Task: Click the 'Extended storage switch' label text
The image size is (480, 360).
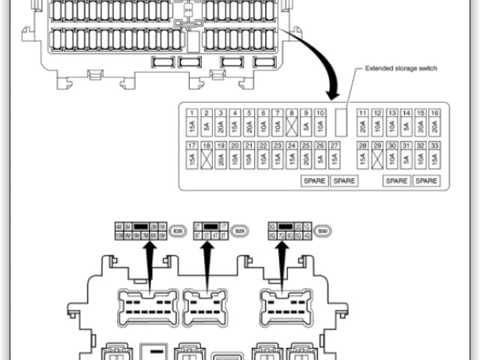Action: tap(400, 68)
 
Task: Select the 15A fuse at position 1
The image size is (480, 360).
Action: tap(192, 122)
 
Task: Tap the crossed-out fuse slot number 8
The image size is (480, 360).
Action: tap(292, 122)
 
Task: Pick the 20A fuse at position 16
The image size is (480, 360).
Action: tap(434, 122)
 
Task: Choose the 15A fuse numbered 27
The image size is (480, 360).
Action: tap(334, 158)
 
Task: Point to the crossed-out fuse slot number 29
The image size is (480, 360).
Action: tap(377, 158)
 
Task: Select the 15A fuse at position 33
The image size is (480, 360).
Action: tap(434, 158)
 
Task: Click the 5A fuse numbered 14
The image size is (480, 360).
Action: tap(406, 122)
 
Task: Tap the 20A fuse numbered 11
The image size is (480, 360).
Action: tap(363, 122)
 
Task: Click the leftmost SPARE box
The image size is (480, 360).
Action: tap(314, 181)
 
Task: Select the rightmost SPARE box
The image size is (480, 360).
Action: tap(426, 181)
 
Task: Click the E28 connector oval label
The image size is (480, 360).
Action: tap(178, 231)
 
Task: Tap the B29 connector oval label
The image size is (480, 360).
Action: tap(240, 231)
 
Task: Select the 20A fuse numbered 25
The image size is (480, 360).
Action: tap(306, 158)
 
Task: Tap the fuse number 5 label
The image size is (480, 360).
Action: tap(249, 112)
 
